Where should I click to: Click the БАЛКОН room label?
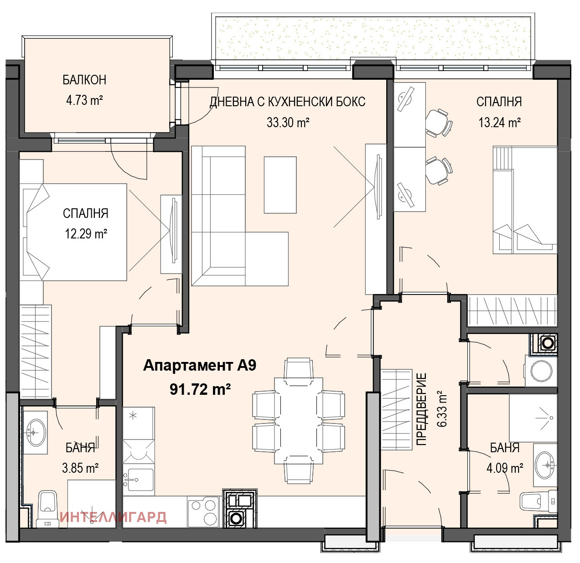[84, 80]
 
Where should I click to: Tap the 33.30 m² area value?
[288, 122]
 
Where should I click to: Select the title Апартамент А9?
[200, 365]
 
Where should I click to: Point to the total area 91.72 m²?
[200, 389]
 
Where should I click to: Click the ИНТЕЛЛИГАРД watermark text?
[113, 517]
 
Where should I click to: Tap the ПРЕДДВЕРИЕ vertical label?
[421, 409]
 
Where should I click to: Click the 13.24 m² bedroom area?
[499, 122]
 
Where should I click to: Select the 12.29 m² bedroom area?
[86, 234]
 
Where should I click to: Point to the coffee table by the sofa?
[280, 185]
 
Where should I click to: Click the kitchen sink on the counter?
[139, 479]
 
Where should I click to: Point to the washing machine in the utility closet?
[541, 371]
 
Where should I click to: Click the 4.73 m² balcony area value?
[84, 100]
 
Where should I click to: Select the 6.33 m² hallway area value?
[442, 409]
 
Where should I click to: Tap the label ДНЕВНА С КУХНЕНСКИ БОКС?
[288, 102]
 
